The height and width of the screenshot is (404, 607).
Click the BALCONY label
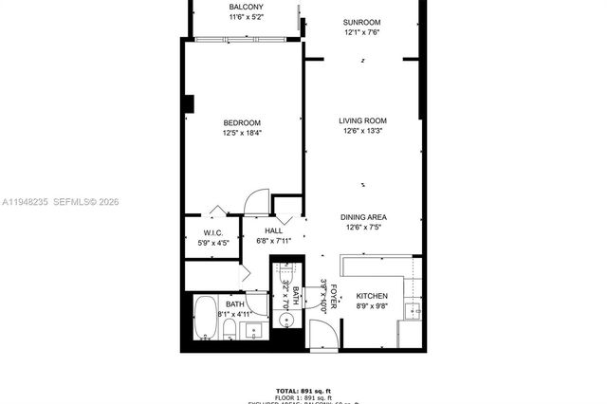point(246,8)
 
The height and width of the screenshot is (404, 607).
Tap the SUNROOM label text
point(362,22)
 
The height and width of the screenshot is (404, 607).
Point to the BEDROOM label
point(242,122)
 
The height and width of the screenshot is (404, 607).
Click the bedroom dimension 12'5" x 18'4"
point(242,133)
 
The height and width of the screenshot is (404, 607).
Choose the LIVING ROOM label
point(364,120)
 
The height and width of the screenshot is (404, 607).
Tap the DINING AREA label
point(364,217)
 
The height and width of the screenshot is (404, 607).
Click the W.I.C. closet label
point(212,233)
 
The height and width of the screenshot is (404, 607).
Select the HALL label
point(273,230)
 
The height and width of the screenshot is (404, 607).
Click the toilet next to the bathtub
point(230,329)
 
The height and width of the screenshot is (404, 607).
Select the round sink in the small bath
point(289,319)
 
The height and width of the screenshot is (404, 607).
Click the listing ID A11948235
point(27,202)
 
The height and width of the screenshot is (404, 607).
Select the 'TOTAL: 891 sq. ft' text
point(303,391)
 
